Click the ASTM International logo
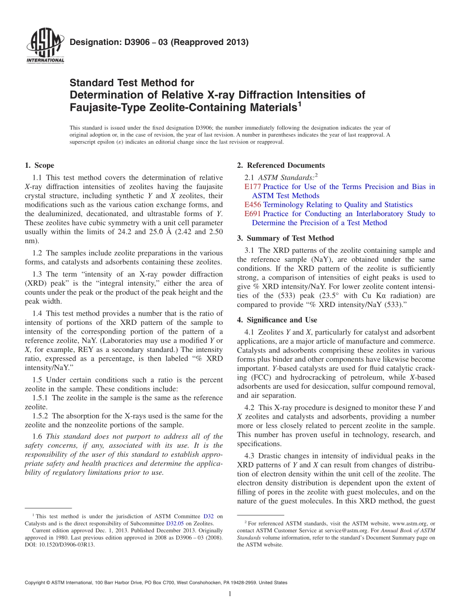[x=45, y=46]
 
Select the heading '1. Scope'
[x=39, y=165]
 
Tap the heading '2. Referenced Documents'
[x=281, y=165]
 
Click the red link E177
[x=253, y=187]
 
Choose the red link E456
[x=253, y=205]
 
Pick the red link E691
[x=253, y=214]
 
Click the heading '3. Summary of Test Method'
[x=286, y=238]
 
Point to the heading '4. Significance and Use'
[x=277, y=320]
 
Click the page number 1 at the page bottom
[x=230, y=594]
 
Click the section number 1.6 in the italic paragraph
[x=37, y=436]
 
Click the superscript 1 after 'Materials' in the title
[x=299, y=103]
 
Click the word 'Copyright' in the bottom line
[x=35, y=583]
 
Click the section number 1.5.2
[x=41, y=416]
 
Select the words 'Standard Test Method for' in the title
[x=132, y=83]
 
